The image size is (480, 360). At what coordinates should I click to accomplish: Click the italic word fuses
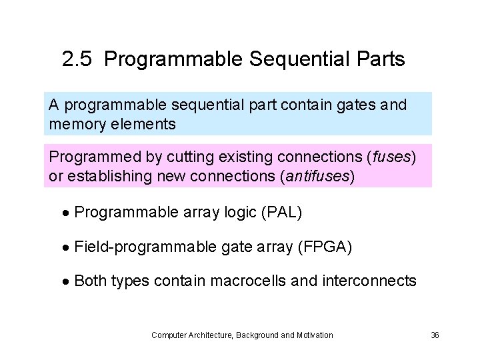pos(391,158)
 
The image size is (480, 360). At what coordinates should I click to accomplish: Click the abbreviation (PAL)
pos(283,213)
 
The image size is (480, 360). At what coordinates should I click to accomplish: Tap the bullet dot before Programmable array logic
pos(66,213)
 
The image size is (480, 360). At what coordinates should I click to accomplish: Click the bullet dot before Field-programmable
pos(66,248)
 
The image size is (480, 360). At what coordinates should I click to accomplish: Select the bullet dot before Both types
pos(66,282)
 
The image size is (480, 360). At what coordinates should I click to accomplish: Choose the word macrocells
pos(249,281)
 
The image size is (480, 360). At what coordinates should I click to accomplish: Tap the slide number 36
pos(435,335)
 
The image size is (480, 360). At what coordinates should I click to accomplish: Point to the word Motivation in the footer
pos(315,335)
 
